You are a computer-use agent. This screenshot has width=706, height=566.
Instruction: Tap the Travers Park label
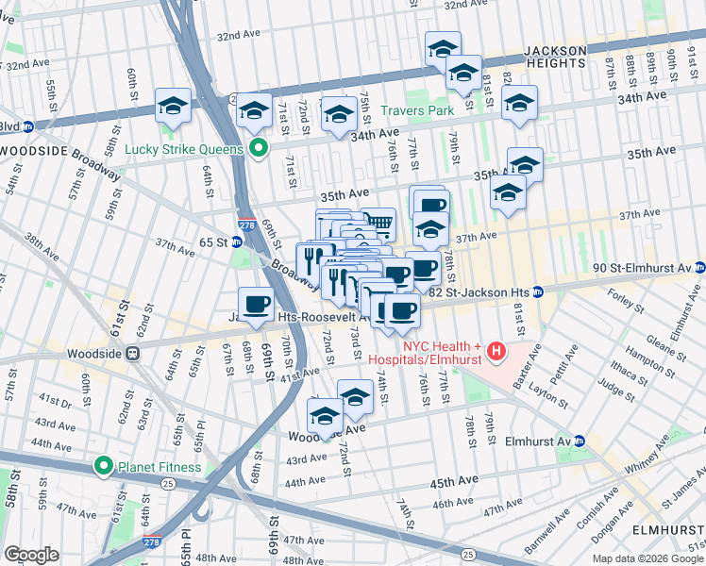tap(417, 110)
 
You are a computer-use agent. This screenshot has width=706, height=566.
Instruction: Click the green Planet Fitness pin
tap(104, 466)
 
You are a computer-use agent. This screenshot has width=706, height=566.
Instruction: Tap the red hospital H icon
tap(496, 354)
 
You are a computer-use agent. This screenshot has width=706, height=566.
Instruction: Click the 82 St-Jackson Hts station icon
tap(536, 292)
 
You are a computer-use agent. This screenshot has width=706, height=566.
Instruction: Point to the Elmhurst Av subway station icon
tap(579, 441)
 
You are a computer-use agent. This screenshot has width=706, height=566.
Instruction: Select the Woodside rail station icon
tap(133, 354)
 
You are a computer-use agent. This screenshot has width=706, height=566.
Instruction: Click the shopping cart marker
tap(378, 223)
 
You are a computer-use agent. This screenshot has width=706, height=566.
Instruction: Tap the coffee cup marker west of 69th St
tap(256, 304)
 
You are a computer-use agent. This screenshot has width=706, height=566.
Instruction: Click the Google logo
tap(31, 555)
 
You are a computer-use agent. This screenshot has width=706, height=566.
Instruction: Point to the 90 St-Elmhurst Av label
tap(641, 267)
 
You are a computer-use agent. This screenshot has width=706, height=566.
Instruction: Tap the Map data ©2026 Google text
tap(647, 558)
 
